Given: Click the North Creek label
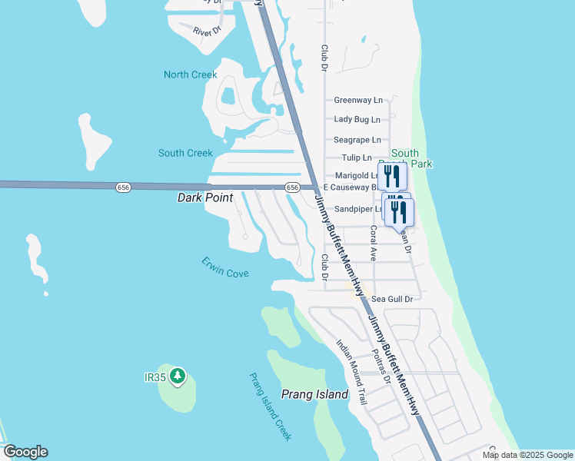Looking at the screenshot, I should coord(190,75).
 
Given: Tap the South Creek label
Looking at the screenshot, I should coord(185,153).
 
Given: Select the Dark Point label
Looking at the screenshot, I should coord(205,197).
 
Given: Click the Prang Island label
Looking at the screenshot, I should coord(314,395).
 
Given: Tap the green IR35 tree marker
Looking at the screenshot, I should coord(178,376).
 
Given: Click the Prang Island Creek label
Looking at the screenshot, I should coord(270,406).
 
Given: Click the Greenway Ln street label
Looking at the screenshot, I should coord(357,100).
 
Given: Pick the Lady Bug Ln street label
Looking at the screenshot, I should coord(357,119).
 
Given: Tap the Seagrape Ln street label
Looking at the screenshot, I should coord(357,140).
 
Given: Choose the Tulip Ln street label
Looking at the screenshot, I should coord(356,158).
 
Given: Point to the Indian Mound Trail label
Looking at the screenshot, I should coord(352,372).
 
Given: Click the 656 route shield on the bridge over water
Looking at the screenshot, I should coord(123,187).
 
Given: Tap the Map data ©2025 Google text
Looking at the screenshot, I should coord(527,455).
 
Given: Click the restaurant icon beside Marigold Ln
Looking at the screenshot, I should coord(392,176).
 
